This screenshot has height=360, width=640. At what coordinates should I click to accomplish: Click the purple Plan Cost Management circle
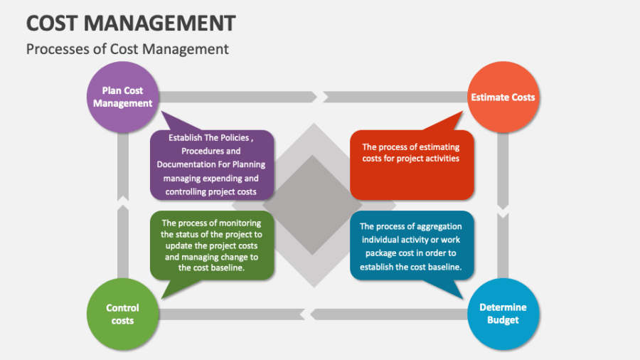pos(122,97)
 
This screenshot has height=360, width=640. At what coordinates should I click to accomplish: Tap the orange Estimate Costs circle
pos(503,97)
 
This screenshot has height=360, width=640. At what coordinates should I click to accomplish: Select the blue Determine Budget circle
pos(503,314)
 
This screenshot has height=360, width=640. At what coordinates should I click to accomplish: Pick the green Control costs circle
pos(122,314)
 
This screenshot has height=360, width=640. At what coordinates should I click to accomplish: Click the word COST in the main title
pos(52,23)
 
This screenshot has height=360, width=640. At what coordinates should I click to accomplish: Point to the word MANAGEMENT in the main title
pos(159,23)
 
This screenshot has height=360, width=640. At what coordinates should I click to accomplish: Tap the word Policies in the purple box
pos(233,138)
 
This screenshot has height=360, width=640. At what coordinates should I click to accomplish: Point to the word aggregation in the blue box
pos(440,226)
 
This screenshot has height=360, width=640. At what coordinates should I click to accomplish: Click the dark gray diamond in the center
pos(313,205)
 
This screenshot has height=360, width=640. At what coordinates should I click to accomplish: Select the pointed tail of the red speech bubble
pos(462,112)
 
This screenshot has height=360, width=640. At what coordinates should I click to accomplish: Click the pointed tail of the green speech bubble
pos(163,298)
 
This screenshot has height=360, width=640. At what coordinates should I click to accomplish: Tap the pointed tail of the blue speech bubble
pos(462,298)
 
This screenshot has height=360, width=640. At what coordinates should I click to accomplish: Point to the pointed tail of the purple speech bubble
pos(162,112)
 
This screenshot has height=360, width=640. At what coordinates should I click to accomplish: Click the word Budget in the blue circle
pos(503,320)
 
